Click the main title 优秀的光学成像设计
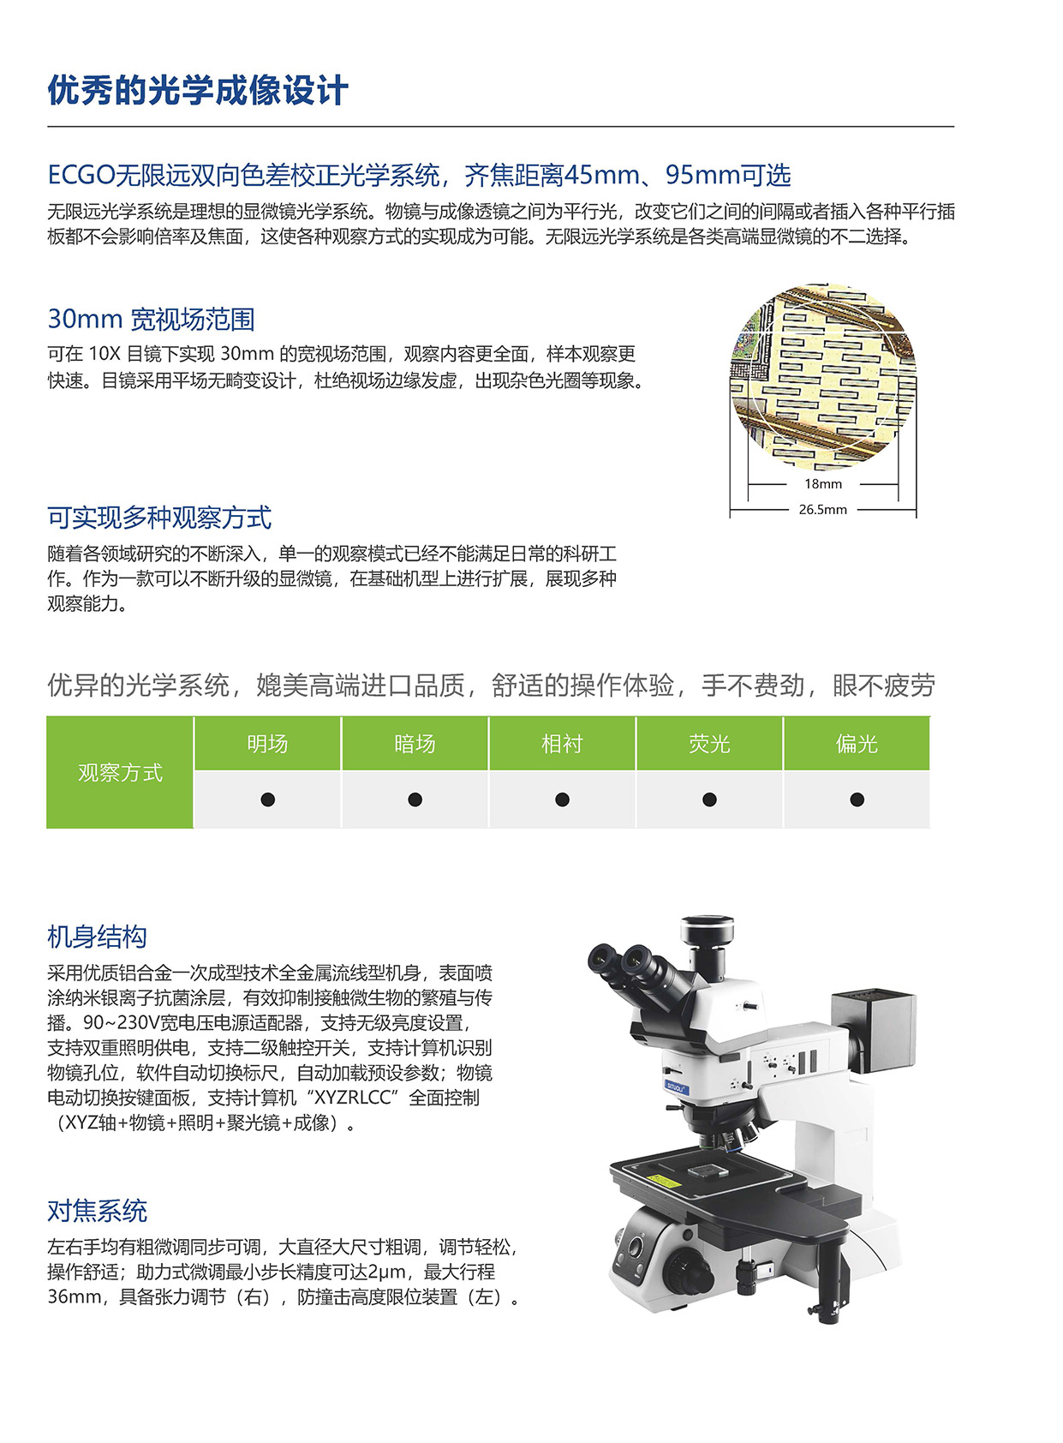click(x=198, y=90)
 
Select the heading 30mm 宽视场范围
click(x=152, y=319)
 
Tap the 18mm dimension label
click(x=822, y=484)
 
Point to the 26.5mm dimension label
click(x=822, y=509)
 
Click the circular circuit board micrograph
click(x=822, y=376)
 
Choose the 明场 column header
click(x=267, y=744)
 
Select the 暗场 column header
click(x=415, y=744)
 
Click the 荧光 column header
click(x=709, y=744)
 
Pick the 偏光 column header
click(x=857, y=744)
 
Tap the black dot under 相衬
click(x=562, y=799)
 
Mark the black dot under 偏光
click(x=857, y=799)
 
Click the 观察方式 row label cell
click(x=120, y=772)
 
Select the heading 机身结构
click(x=97, y=937)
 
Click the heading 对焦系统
click(x=97, y=1211)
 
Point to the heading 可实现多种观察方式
click(x=159, y=518)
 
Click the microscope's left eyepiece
click(x=604, y=958)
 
